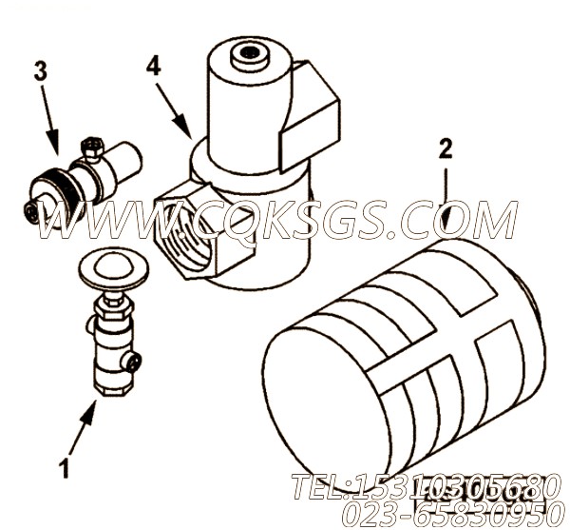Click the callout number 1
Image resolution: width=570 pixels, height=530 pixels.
coord(65,468)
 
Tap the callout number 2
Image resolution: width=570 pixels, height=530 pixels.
coord(445,148)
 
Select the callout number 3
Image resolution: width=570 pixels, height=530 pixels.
coord(41,71)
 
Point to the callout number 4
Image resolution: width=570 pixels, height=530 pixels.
coord(154,67)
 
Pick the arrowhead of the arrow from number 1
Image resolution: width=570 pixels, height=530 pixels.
coord(90,410)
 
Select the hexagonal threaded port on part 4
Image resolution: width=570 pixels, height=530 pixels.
coord(186,229)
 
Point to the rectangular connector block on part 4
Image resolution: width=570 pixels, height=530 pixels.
coord(309,116)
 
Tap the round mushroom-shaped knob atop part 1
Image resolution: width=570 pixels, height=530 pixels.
coord(113,268)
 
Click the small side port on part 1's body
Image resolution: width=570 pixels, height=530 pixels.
coord(135,363)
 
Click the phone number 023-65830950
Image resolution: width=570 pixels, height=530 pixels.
coord(450,514)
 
